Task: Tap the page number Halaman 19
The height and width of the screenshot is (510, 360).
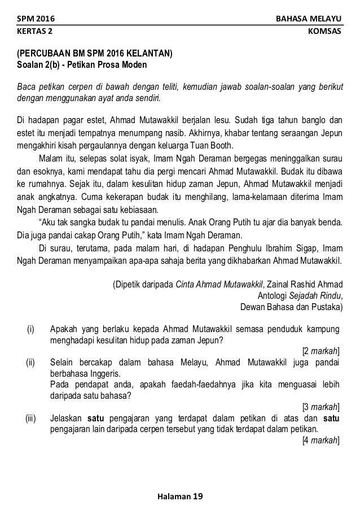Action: click(179, 496)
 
